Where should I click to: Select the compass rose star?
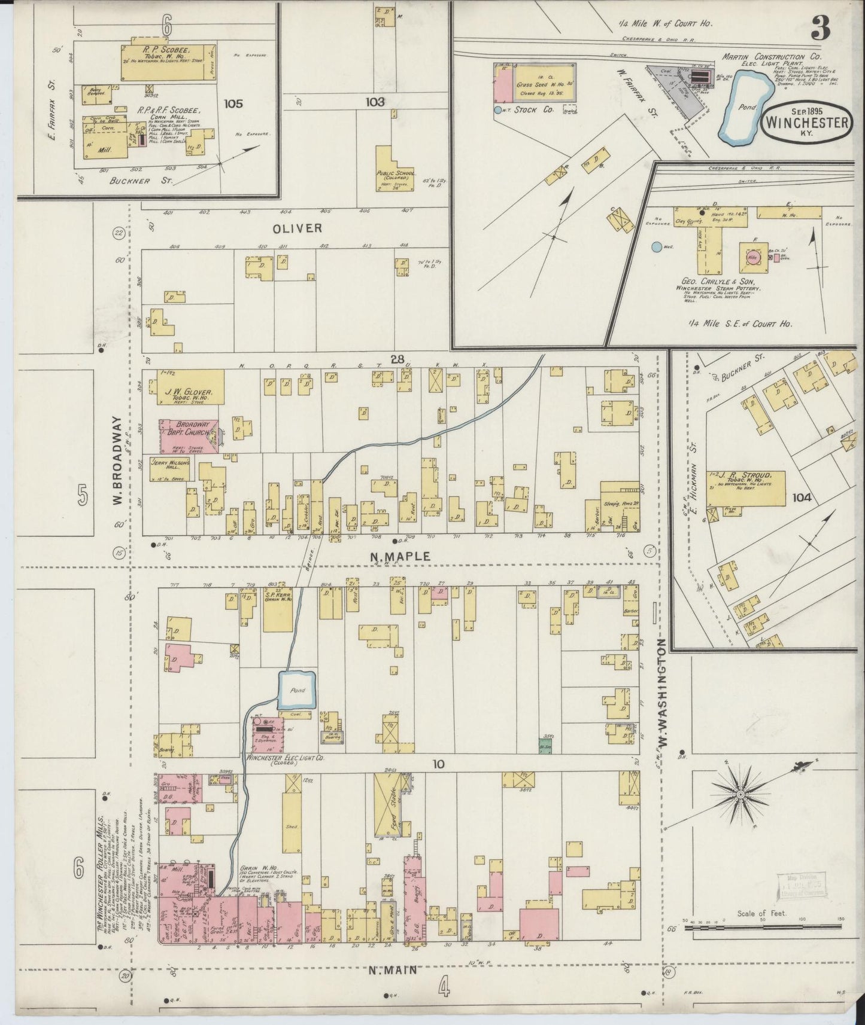740,794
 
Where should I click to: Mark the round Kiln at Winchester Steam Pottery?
752,257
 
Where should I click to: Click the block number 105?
233,103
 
